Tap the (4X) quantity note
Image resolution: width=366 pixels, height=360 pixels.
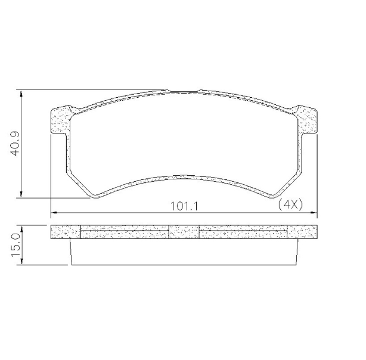point(291,204)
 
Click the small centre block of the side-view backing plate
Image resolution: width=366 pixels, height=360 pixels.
point(184,232)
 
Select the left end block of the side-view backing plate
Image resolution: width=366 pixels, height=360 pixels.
point(65,232)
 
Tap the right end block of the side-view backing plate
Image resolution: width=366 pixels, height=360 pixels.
point(302,232)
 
